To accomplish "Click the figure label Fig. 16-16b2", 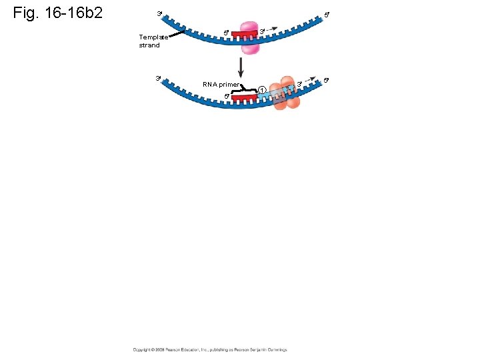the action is point(58,13).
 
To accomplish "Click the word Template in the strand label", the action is point(153,37).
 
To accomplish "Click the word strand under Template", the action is point(149,45).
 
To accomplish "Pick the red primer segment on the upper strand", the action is point(245,33).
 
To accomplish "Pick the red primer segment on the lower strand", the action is point(244,97).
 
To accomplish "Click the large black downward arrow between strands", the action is point(241,67).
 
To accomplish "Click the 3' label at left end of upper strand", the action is point(159,13).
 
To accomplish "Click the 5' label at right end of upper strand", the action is point(326,14).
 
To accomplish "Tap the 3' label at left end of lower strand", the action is point(158,78).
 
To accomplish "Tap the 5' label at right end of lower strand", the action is point(326,80).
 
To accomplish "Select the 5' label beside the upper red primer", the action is point(226,31).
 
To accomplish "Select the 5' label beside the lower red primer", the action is point(227,97).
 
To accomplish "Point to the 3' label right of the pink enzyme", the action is point(262,31).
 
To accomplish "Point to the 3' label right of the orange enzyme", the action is point(300,83).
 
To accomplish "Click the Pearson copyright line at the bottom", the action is point(209,349).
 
